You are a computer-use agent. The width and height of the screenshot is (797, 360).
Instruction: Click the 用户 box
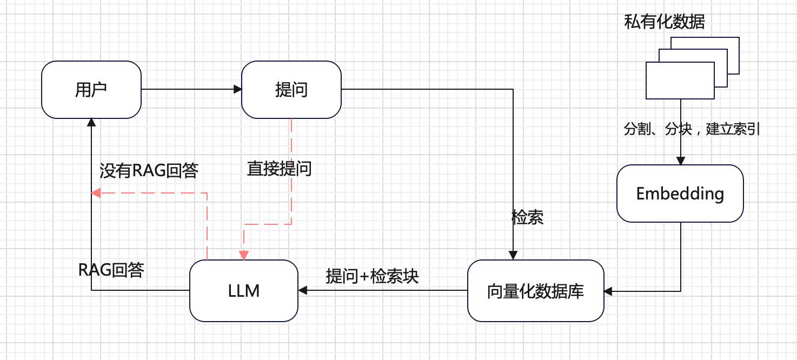91,90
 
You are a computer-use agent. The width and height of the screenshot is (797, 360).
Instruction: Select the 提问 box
291,90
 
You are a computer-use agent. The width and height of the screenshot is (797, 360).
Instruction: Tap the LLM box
243,291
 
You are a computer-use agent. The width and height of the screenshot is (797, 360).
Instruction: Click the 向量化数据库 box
535,291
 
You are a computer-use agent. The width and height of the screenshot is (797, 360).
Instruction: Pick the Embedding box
680,194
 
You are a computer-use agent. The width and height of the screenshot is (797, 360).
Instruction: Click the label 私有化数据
665,22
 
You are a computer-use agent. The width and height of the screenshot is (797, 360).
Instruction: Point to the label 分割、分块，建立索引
692,130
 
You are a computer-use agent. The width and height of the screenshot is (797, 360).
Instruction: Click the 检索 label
527,217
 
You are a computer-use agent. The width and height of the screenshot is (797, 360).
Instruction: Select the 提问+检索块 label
373,276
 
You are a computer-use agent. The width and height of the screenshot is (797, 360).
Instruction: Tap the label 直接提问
279,169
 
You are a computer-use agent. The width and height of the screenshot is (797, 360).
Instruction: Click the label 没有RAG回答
149,171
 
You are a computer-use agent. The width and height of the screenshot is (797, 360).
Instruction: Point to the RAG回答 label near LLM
111,270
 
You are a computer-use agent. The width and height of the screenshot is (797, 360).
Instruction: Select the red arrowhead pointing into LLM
244,255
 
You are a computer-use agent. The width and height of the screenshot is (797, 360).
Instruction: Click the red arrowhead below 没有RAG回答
96,193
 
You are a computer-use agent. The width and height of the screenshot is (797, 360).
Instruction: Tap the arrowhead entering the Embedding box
680,161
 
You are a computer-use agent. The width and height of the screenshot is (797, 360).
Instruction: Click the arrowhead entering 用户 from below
91,123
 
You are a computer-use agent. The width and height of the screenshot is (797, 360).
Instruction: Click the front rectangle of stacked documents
680,81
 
